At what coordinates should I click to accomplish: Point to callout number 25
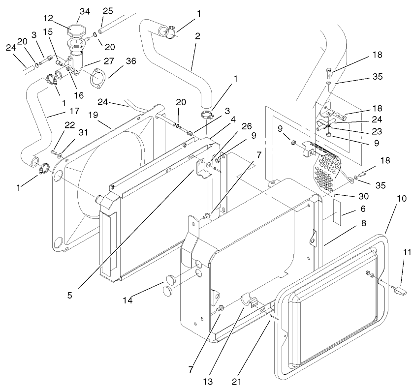(108, 11)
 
